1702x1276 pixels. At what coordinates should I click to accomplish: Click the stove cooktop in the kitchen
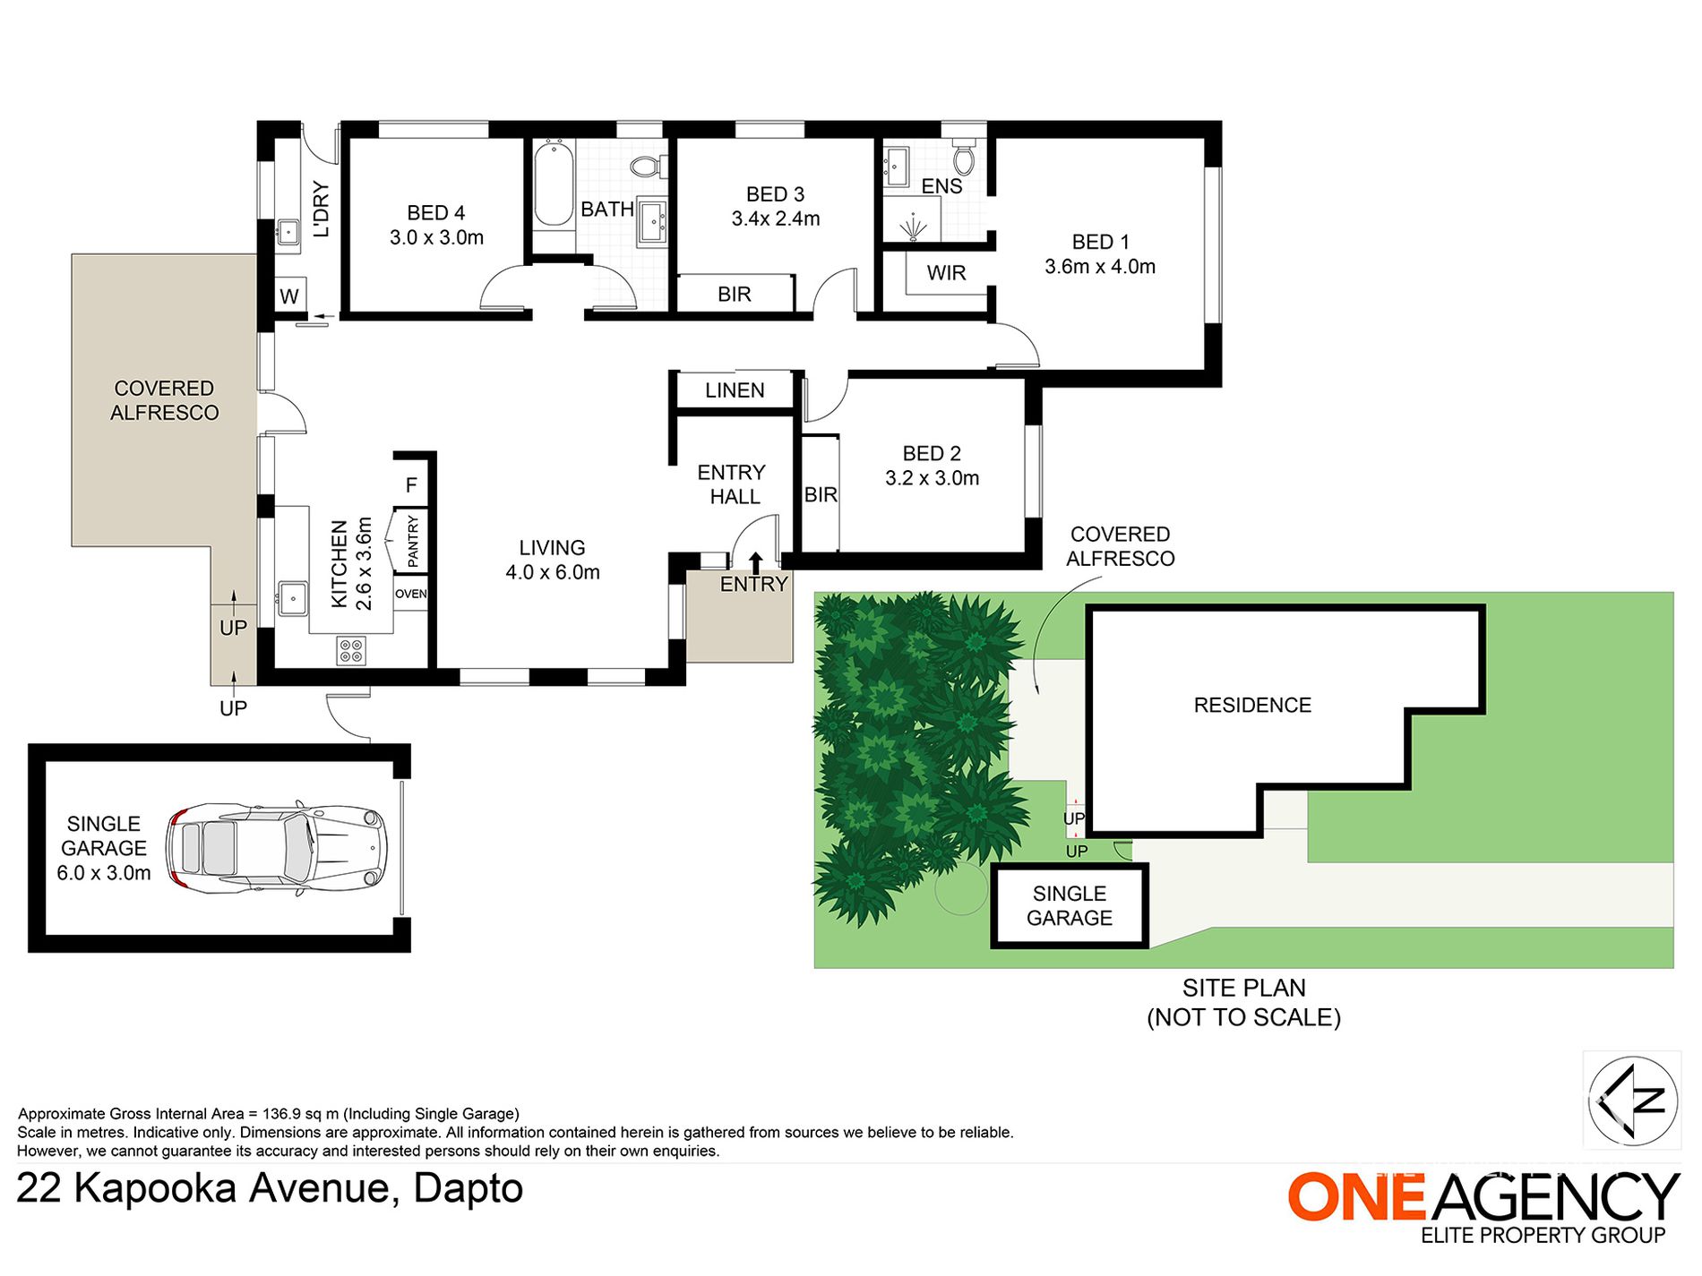(350, 650)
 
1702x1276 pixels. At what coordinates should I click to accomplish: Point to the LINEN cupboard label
(735, 390)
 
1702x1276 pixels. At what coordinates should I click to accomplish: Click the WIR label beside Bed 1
(946, 273)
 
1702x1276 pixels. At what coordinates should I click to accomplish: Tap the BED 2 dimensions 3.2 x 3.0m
(932, 478)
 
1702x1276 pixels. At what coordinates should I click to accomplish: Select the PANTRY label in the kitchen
(412, 541)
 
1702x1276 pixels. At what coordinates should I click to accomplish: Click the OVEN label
(411, 594)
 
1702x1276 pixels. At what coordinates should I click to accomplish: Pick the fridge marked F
(411, 484)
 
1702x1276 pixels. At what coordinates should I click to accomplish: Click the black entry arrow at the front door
(755, 562)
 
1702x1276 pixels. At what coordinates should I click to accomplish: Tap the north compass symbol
(1633, 1100)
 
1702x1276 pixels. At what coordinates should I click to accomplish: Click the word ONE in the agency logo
(1356, 1197)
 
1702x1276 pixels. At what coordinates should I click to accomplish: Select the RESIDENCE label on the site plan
(1252, 706)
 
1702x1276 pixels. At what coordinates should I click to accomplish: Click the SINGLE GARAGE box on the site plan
(1070, 905)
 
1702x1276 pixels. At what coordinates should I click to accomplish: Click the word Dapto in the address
(468, 1188)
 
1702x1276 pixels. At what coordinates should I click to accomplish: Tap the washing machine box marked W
(289, 295)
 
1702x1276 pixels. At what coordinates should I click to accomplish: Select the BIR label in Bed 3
(735, 295)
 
